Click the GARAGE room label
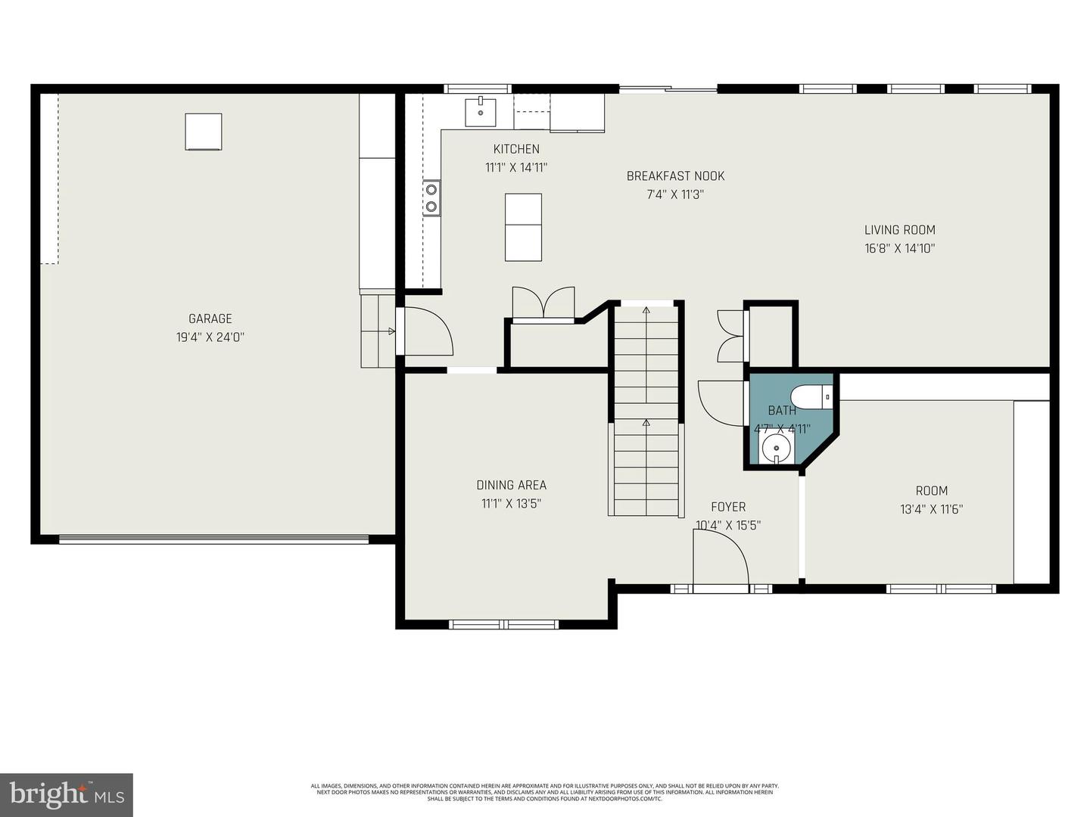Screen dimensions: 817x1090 pos(210,318)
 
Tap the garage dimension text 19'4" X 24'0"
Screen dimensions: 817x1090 pos(210,337)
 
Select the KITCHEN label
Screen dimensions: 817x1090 pos(516,149)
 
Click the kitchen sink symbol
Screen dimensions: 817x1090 pos(480,111)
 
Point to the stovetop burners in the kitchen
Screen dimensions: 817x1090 pos(431,197)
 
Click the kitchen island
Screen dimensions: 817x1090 pos(523,227)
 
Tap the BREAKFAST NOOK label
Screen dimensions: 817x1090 pos(675,176)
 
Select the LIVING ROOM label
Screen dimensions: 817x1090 pos(900,230)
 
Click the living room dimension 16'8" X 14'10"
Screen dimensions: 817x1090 pos(900,248)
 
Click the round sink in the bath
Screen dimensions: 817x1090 pos(776,447)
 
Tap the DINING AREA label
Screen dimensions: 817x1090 pos(511,485)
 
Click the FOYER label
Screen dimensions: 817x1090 pos(728,507)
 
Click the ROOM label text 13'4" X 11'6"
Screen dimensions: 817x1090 pos(931,509)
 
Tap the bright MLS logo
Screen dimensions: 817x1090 pos(67,794)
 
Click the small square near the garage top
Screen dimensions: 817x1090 pos(204,132)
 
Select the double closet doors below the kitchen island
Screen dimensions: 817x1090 pos(543,304)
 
